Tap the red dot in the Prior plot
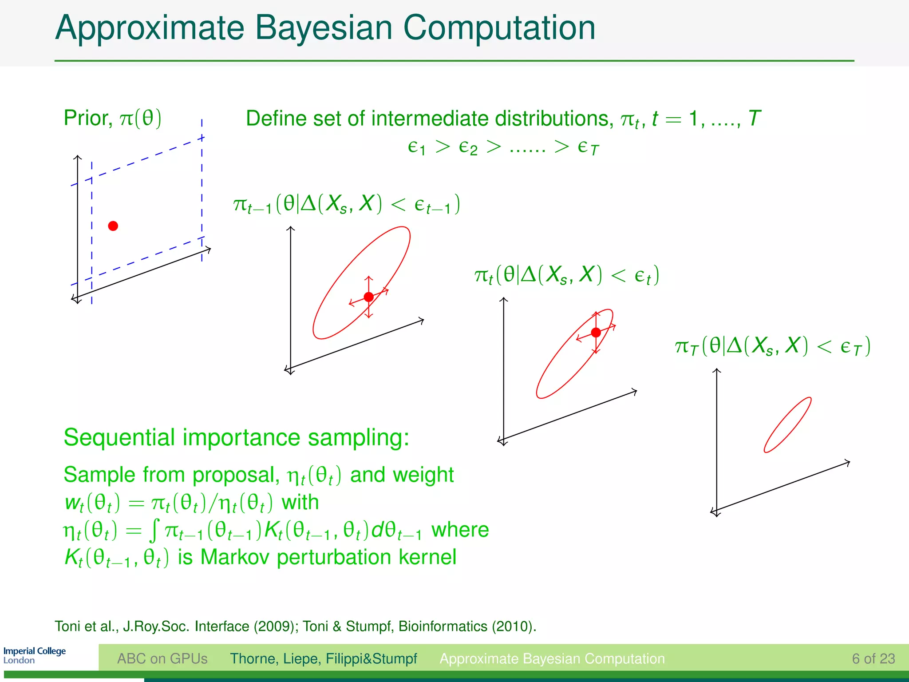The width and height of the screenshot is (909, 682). point(113,226)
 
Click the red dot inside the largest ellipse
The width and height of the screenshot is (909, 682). point(368,297)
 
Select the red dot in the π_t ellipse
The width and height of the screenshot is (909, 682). point(596,333)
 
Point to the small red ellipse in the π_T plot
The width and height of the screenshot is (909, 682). point(787,425)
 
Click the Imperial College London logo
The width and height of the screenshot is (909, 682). point(35,655)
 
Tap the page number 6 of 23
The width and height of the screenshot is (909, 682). point(873,658)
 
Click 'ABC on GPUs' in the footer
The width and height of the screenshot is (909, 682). point(162,658)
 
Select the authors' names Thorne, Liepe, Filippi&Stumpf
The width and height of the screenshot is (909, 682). point(323,658)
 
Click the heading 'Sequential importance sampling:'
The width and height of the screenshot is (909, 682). point(236,437)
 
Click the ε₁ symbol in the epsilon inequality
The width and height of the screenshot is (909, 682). point(416,147)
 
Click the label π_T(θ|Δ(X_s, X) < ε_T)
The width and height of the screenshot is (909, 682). point(772,346)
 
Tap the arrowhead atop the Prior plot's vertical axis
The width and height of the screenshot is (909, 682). point(78,157)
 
